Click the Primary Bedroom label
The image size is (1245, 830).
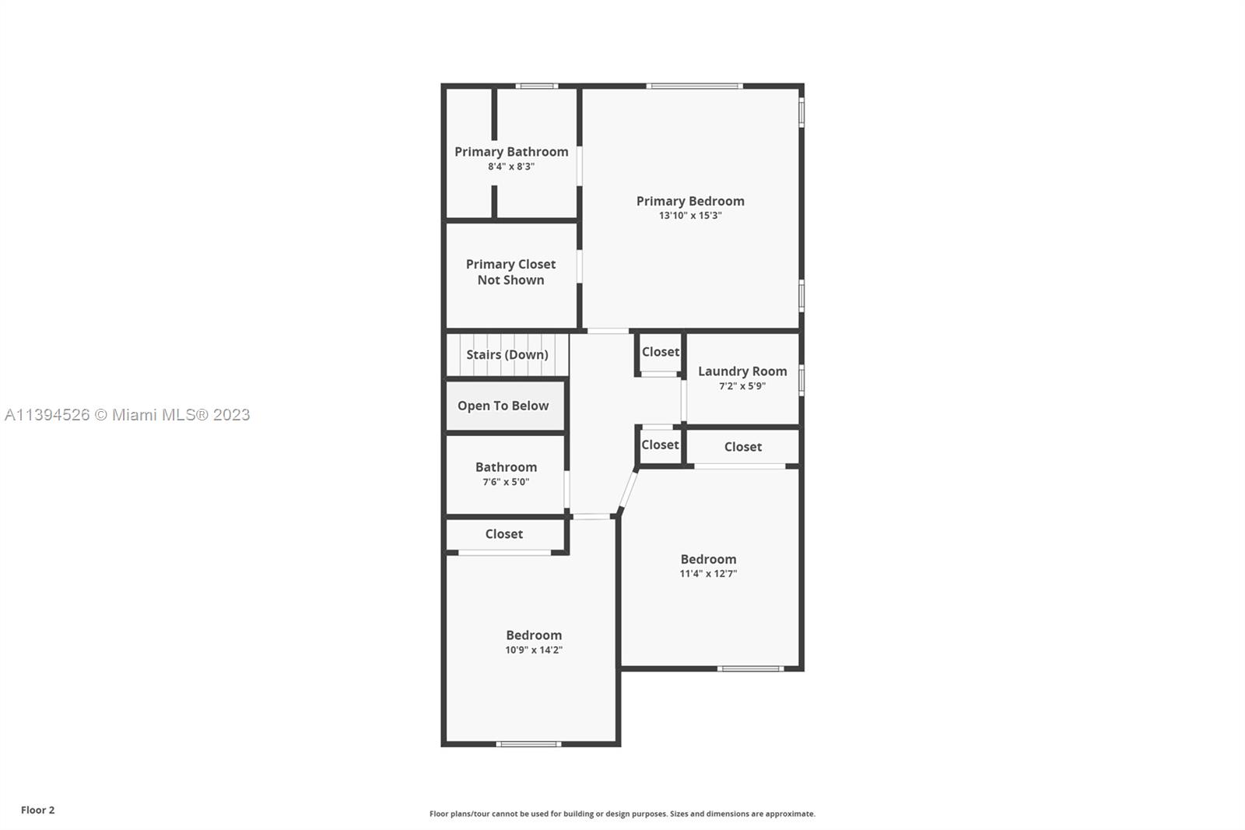pyautogui.click(x=690, y=201)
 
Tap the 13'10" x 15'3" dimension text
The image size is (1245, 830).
pyautogui.click(x=690, y=216)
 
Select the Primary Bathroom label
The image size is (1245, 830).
pyautogui.click(x=511, y=152)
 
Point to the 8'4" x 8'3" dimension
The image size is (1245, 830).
pyautogui.click(x=511, y=167)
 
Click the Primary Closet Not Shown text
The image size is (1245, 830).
pyautogui.click(x=510, y=272)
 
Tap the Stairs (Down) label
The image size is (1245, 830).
pyautogui.click(x=507, y=354)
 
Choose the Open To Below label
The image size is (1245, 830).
pyautogui.click(x=503, y=406)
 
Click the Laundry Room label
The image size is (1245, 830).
pyautogui.click(x=742, y=371)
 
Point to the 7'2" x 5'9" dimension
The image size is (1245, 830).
pyautogui.click(x=742, y=386)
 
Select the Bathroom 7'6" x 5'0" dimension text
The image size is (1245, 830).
pyautogui.click(x=506, y=482)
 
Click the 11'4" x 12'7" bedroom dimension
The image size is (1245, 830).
pyautogui.click(x=708, y=574)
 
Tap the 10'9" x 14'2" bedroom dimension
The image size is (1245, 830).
pyautogui.click(x=534, y=650)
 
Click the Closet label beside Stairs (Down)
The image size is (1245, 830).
pyautogui.click(x=661, y=352)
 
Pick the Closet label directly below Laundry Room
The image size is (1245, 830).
pyautogui.click(x=742, y=447)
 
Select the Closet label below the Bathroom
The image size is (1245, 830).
pyautogui.click(x=503, y=534)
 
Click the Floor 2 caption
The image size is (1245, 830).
pyautogui.click(x=38, y=810)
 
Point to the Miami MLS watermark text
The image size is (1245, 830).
pyautogui.click(x=128, y=415)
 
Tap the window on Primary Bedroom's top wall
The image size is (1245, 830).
pyautogui.click(x=694, y=86)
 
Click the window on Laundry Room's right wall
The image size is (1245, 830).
pyautogui.click(x=801, y=380)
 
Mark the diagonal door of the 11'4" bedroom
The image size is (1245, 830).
pyautogui.click(x=628, y=490)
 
